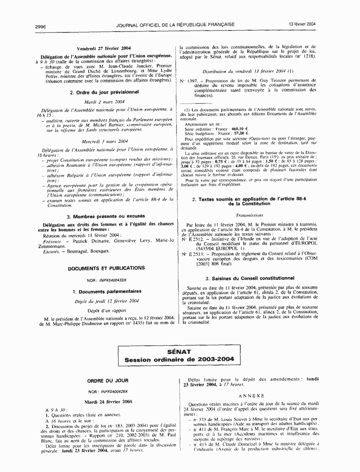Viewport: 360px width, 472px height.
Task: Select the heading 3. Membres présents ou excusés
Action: (105, 216)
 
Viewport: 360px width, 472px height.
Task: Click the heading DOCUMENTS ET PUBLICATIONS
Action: (106, 268)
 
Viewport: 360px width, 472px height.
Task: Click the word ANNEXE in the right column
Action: (251, 396)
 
